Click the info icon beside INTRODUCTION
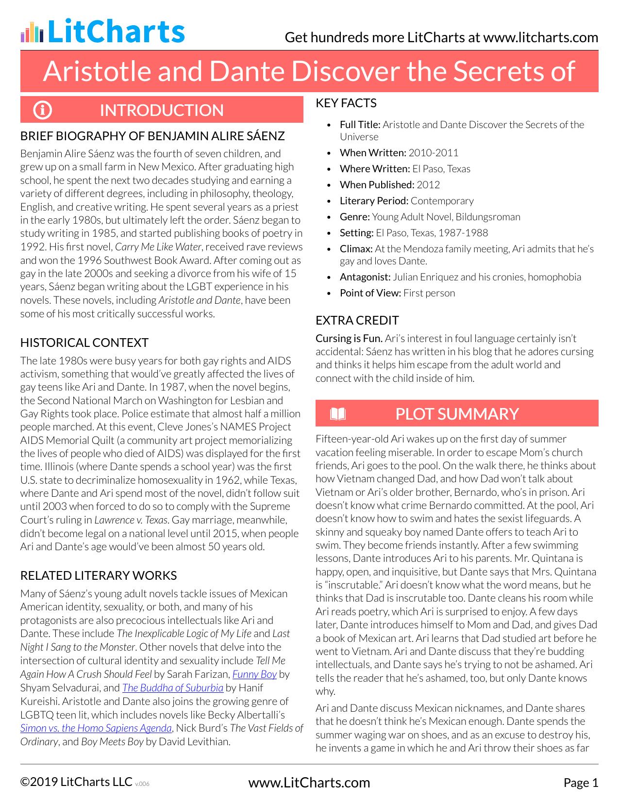(42, 110)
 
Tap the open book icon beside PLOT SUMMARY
(337, 414)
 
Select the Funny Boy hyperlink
(254, 674)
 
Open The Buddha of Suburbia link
(172, 687)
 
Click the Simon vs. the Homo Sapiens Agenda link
(96, 728)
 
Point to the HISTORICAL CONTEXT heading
(84, 343)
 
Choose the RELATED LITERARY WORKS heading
(98, 575)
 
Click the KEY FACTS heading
(346, 103)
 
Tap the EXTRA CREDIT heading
(357, 320)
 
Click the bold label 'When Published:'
(377, 185)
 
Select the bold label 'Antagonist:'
(365, 277)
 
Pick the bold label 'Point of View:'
(370, 293)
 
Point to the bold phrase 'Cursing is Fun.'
(349, 338)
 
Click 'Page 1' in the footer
(581, 783)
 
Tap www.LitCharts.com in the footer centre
(309, 783)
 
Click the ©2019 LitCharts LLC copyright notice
(76, 782)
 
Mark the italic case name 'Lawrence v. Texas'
(131, 520)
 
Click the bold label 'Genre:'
(354, 217)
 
